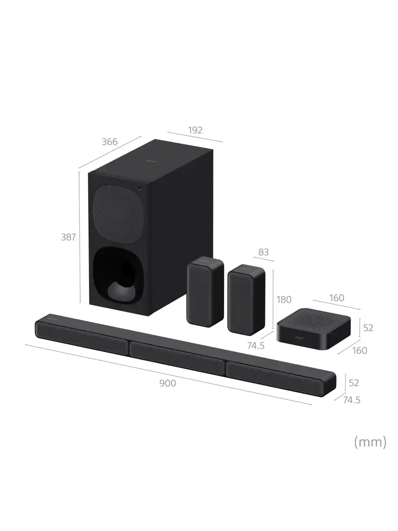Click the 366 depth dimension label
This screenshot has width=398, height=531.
109,142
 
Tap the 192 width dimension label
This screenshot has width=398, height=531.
195,130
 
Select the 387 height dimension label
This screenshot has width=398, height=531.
68,237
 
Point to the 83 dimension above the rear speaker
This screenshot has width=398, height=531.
263,252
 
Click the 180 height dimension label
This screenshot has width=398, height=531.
284,299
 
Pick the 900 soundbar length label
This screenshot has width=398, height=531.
168,383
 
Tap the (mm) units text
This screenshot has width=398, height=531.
370,441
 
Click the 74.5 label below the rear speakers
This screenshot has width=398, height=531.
256,346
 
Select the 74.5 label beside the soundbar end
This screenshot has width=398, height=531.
352,400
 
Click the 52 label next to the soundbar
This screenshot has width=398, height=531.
354,383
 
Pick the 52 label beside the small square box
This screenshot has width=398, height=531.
368,327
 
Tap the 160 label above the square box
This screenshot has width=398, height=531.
336,298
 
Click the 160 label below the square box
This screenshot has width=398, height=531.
360,350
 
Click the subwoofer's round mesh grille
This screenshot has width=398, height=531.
117,215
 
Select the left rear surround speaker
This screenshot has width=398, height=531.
205,291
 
